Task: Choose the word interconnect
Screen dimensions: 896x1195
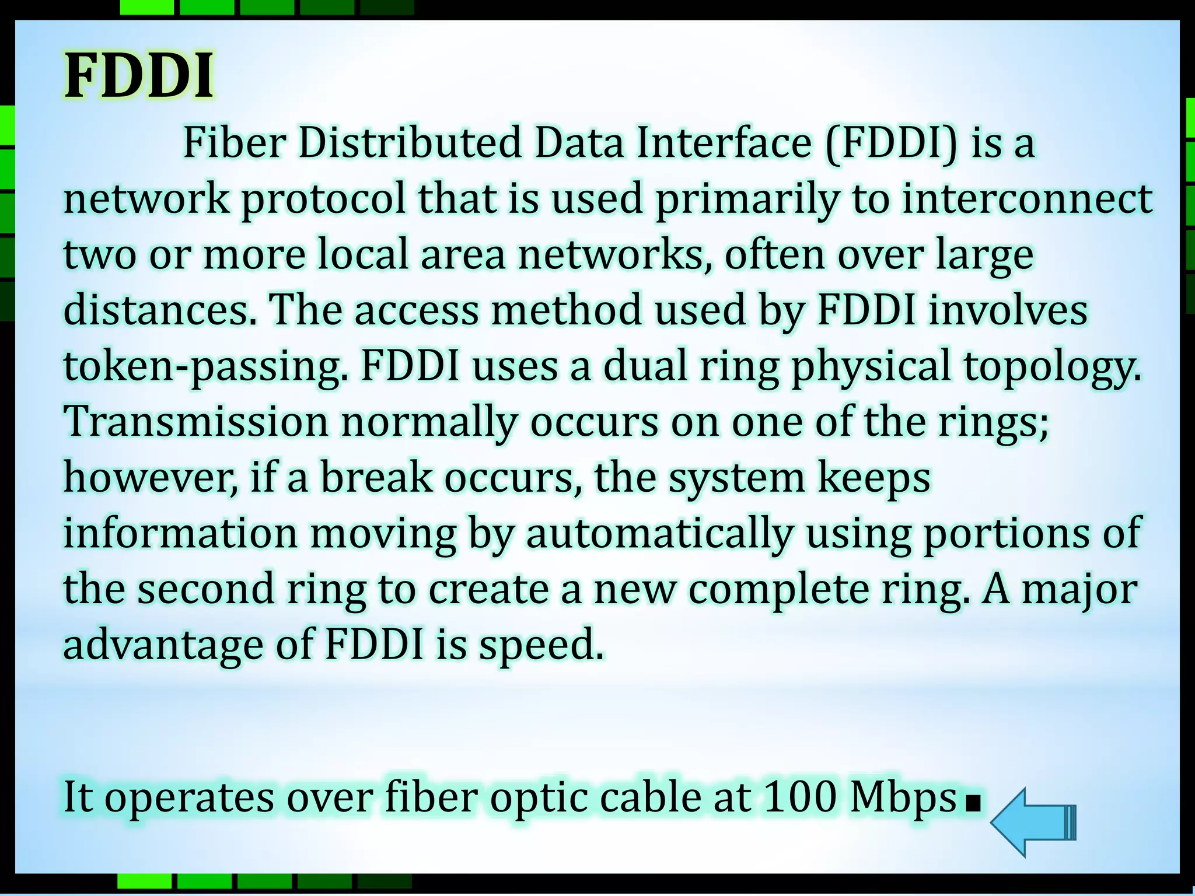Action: (x=1027, y=199)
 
